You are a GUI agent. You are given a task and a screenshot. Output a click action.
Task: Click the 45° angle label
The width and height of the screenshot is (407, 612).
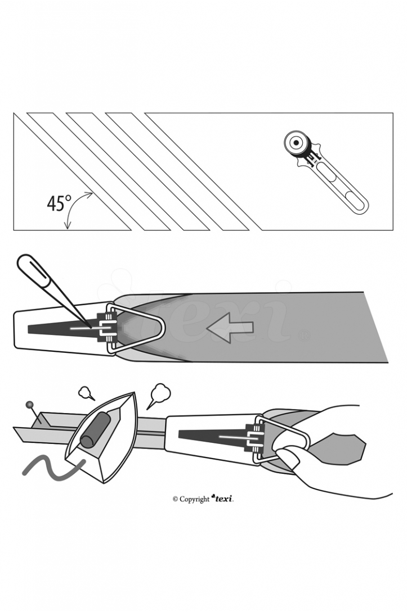tap(60, 203)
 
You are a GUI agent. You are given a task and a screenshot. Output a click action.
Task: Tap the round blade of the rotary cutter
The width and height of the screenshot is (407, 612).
tap(296, 143)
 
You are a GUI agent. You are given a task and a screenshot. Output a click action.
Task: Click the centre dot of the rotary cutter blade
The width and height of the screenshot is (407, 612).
tap(296, 143)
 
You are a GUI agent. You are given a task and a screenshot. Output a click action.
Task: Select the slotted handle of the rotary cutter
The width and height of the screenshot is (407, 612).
tap(341, 188)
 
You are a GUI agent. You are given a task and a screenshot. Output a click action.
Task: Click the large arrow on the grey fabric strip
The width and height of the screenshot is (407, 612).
tap(230, 327)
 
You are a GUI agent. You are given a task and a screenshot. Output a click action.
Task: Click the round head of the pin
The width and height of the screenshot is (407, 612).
tap(29, 405)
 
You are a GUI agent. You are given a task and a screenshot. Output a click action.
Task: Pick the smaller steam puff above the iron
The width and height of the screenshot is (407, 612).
tap(86, 393)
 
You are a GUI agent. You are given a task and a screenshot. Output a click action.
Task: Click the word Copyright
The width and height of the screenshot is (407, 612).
tap(194, 499)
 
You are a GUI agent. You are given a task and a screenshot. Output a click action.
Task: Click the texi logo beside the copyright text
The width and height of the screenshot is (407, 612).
tap(222, 498)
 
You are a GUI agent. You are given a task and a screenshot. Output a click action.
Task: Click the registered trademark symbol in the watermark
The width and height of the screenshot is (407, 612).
tap(305, 336)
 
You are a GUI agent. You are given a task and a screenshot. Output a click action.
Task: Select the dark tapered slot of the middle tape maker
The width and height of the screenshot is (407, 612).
tap(62, 329)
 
